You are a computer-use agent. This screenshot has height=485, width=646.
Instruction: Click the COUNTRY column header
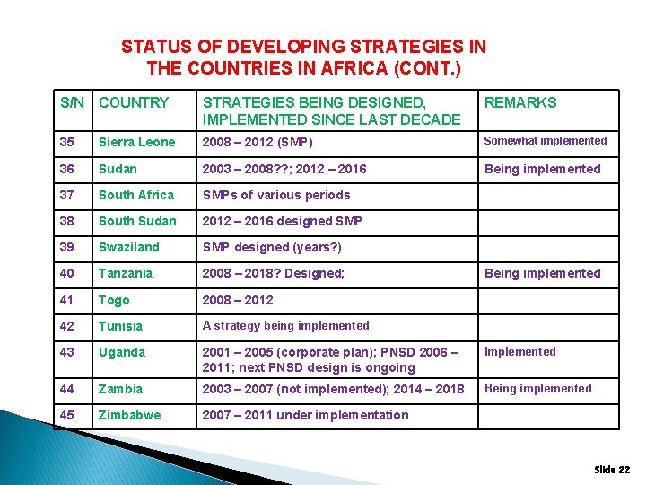click(x=134, y=103)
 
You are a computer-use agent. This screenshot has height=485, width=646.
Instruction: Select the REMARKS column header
click(x=520, y=103)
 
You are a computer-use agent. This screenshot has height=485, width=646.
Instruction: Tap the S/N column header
click(x=72, y=103)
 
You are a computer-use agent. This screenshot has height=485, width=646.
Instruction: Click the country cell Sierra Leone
click(x=137, y=142)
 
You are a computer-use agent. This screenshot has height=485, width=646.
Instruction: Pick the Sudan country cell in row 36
click(x=118, y=169)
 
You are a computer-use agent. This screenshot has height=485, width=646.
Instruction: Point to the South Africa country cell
click(x=136, y=195)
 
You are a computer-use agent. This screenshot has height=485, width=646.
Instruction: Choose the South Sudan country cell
click(x=136, y=221)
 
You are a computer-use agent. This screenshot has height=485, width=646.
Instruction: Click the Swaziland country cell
click(x=129, y=247)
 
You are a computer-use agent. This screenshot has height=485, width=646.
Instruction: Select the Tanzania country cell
click(x=126, y=273)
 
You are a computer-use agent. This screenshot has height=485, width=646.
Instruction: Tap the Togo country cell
click(x=115, y=300)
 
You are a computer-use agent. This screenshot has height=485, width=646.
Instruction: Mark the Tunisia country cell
click(x=121, y=326)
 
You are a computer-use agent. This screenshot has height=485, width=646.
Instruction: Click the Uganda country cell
click(x=122, y=352)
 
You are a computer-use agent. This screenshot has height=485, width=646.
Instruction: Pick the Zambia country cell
click(x=121, y=389)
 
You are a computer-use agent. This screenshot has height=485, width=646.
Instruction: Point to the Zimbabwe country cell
click(x=130, y=415)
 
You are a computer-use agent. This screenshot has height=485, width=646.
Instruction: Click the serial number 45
click(x=67, y=415)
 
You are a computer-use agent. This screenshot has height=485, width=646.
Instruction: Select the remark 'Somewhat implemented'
click(x=546, y=141)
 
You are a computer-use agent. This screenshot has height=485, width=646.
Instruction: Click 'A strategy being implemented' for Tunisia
click(x=286, y=326)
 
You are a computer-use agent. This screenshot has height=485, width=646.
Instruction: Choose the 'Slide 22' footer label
click(x=612, y=470)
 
